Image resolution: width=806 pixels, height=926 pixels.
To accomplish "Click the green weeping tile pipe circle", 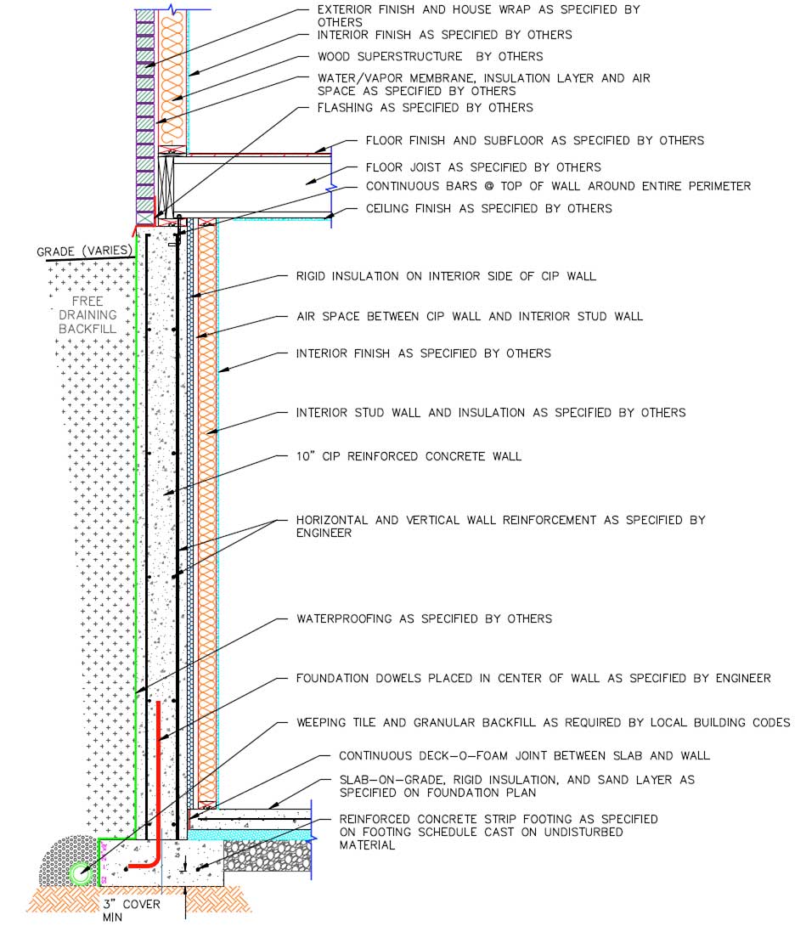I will [82, 873].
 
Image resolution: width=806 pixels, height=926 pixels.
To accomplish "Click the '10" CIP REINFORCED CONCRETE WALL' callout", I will [409, 456].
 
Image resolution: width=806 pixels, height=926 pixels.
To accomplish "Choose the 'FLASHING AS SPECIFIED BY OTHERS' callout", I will [425, 108].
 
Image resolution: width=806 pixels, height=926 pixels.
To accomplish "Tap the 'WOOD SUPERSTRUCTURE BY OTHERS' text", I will [430, 56].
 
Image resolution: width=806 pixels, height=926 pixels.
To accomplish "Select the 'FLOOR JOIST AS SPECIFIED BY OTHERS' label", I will [483, 167].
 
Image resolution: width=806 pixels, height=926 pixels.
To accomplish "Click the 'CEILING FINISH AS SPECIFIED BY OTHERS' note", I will [488, 208].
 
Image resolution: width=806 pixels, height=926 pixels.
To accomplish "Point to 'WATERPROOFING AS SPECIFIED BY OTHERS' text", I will [424, 618].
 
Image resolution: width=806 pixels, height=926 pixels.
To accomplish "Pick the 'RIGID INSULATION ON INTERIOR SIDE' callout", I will [446, 276].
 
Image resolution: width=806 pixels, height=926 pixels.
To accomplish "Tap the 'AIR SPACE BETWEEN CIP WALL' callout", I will [469, 316].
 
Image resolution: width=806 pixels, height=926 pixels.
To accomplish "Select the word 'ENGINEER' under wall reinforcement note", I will [324, 534].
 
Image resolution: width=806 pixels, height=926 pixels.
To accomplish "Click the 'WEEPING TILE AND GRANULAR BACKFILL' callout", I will [543, 722].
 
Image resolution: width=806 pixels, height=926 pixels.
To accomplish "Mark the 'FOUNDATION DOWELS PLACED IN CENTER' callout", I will [533, 678].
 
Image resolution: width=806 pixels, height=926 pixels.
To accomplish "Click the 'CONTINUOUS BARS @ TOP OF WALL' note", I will [558, 186].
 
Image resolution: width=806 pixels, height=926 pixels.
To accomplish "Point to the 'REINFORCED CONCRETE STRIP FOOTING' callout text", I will [498, 819].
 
